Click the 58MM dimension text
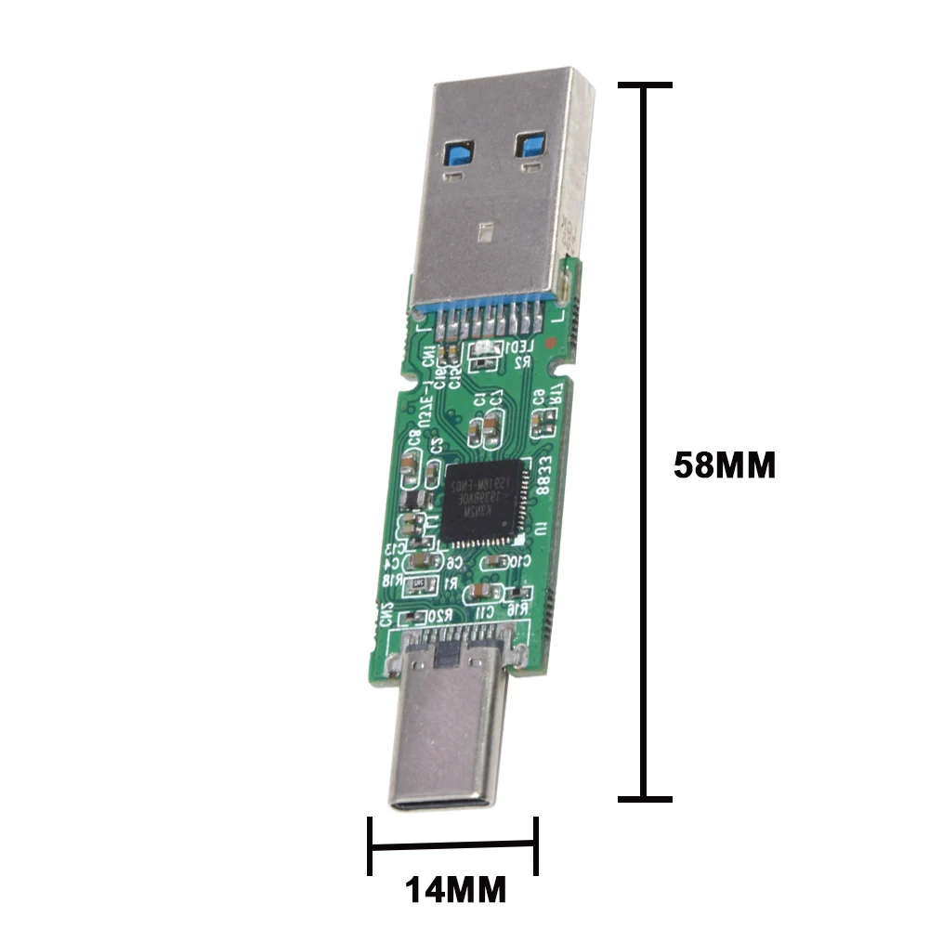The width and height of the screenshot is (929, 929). [724, 464]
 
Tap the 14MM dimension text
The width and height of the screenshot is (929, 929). [455, 890]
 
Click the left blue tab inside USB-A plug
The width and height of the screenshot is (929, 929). [460, 153]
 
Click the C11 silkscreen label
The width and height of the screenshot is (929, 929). [486, 612]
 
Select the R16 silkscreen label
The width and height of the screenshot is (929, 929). [520, 607]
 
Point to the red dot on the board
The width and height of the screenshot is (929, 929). [554, 342]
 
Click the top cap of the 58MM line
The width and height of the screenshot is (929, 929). [644, 85]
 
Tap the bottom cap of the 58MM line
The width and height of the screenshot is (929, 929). [644, 798]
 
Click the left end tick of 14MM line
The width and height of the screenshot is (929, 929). [370, 844]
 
